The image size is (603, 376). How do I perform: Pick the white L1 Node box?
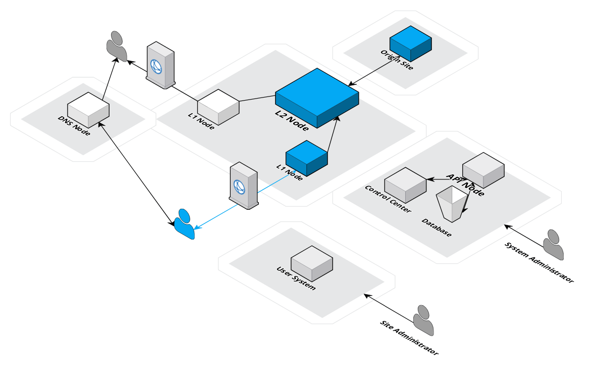pyautogui.click(x=218, y=107)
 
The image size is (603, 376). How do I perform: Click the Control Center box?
pyautogui.click(x=405, y=183)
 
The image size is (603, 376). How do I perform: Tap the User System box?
pyautogui.click(x=311, y=263)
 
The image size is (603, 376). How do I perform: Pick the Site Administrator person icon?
pyautogui.click(x=423, y=321)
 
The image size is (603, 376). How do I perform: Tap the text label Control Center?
pyautogui.click(x=388, y=199)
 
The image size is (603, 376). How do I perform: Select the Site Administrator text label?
pyautogui.click(x=409, y=338)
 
